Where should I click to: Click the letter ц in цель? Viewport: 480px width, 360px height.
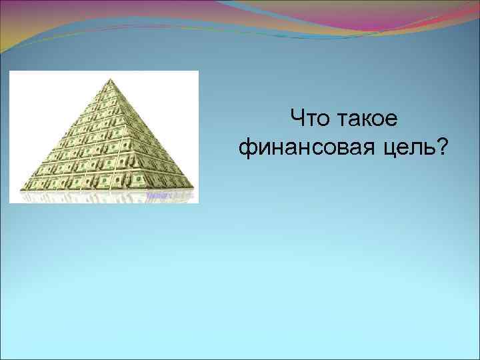389,149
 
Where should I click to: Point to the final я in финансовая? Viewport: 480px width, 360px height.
372,149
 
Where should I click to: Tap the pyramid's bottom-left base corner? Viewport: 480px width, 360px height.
21,189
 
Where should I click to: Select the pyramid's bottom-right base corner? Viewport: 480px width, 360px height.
194,186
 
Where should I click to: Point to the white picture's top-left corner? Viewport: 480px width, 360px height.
9,71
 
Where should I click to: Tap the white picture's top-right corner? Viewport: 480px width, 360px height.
198,71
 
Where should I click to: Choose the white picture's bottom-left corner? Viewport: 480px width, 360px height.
9,203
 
